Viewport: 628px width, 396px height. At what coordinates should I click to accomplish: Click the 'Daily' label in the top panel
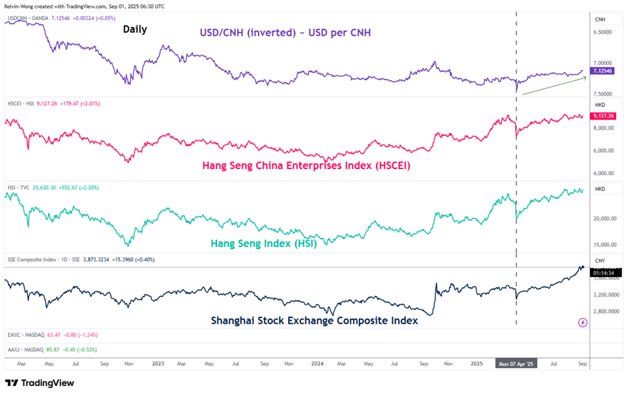pyautogui.click(x=134, y=29)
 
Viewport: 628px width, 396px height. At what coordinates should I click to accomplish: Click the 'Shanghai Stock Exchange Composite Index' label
pyautogui.click(x=315, y=321)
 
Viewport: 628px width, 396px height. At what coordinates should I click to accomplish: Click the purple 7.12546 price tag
pyautogui.click(x=605, y=71)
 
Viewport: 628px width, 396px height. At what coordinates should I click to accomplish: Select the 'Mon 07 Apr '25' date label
pyautogui.click(x=516, y=365)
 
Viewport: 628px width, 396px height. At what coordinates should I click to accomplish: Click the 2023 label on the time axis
pyautogui.click(x=158, y=365)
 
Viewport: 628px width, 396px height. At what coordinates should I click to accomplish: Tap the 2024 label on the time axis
pyautogui.click(x=317, y=365)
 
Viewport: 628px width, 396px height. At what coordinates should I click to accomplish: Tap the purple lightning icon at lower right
pyautogui.click(x=582, y=323)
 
